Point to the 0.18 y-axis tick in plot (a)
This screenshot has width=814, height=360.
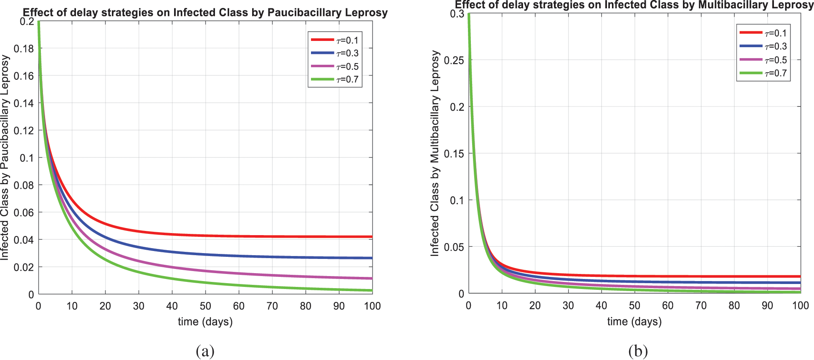click(x=24, y=49)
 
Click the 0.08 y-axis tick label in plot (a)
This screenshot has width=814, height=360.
click(x=24, y=185)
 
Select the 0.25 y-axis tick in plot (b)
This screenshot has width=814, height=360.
click(x=454, y=60)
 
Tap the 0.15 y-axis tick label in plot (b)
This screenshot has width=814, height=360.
click(x=454, y=154)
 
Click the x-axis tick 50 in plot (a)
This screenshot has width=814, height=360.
click(x=205, y=306)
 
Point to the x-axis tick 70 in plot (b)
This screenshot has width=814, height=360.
click(x=701, y=305)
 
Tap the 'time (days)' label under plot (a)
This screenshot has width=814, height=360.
click(x=205, y=322)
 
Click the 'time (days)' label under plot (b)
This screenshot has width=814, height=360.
click(x=634, y=321)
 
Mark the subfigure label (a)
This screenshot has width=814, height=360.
click(x=205, y=351)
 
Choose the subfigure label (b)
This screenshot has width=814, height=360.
click(x=638, y=351)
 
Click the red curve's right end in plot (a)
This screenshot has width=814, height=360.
click(x=371, y=237)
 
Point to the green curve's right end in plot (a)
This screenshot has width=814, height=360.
click(x=371, y=290)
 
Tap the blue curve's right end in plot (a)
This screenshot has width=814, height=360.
click(x=371, y=258)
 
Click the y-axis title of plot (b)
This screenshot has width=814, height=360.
click(x=435, y=153)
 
